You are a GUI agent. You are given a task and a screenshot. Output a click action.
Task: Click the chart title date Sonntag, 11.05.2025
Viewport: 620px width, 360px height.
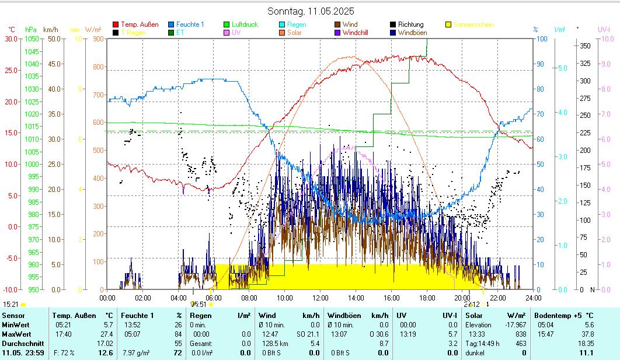(x=311, y=11)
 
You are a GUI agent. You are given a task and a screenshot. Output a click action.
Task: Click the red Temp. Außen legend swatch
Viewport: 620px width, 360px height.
(x=116, y=25)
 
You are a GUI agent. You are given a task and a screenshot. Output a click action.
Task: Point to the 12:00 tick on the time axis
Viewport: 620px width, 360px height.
(x=321, y=297)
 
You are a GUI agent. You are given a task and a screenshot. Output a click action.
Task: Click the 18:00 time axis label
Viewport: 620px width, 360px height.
(x=427, y=297)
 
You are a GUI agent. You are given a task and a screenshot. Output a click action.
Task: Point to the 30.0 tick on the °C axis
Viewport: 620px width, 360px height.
(x=12, y=39)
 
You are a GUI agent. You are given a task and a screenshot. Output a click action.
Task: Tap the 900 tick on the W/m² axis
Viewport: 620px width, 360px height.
(x=97, y=39)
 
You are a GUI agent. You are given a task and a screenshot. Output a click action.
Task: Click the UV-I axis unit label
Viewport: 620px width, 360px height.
(x=604, y=29)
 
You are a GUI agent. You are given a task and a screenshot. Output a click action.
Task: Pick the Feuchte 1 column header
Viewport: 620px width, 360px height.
(x=138, y=316)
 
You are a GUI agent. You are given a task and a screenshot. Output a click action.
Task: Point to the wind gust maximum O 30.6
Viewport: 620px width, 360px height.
(x=378, y=334)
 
